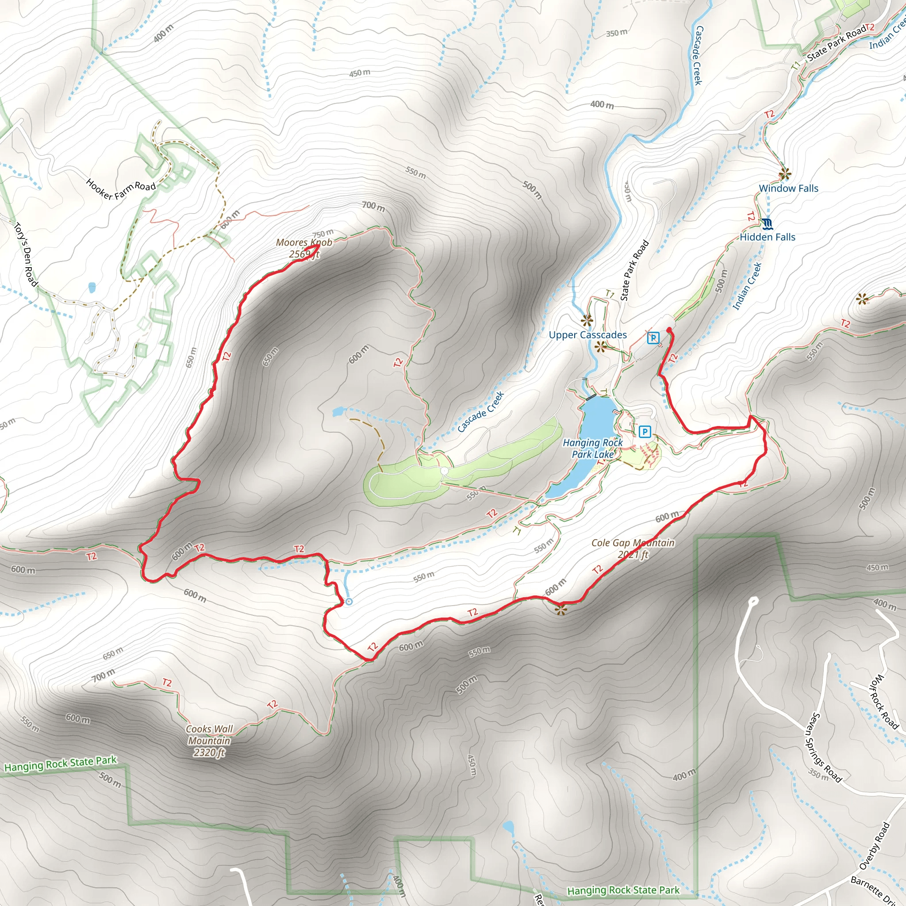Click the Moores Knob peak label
(x=304, y=248)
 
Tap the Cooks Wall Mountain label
(x=209, y=741)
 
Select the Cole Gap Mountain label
(x=633, y=548)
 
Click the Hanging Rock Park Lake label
(x=593, y=448)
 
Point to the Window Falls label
(x=788, y=188)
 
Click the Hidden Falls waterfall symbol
(x=767, y=224)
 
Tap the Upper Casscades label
(x=587, y=335)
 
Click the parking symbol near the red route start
(x=653, y=337)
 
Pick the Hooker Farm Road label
(x=121, y=188)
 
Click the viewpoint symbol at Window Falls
(x=784, y=174)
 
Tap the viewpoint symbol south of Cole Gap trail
(x=561, y=609)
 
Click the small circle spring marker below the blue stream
(x=349, y=602)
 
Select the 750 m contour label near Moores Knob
(x=323, y=233)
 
